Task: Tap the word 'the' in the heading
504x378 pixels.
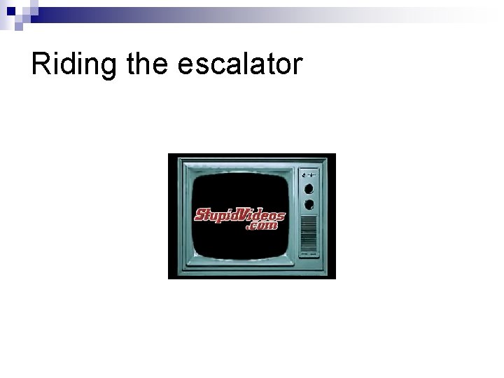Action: pyautogui.click(x=148, y=64)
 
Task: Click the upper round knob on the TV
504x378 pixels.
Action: pyautogui.click(x=308, y=189)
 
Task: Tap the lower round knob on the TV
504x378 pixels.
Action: pyautogui.click(x=308, y=205)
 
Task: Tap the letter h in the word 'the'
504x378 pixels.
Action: pyautogui.click(x=148, y=64)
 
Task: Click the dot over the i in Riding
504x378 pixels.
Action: pyautogui.click(x=58, y=53)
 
